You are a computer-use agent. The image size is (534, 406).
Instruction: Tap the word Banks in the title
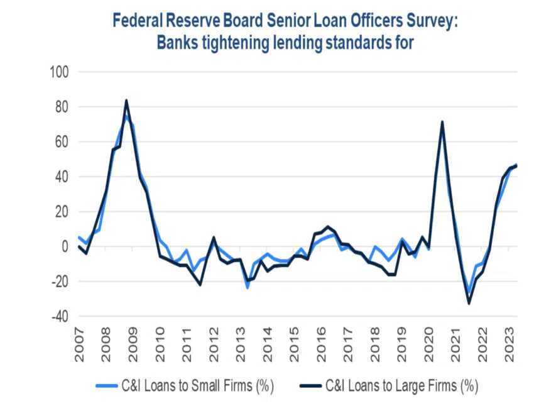click(179, 42)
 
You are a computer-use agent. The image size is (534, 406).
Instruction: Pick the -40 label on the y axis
click(59, 317)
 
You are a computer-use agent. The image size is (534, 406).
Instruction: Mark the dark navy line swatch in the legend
click(311, 384)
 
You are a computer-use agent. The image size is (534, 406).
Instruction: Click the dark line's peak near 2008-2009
click(126, 101)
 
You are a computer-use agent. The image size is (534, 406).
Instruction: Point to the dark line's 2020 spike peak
click(442, 122)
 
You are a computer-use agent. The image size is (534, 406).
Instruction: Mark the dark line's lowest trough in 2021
click(469, 303)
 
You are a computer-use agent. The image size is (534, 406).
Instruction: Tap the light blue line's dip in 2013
click(247, 287)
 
